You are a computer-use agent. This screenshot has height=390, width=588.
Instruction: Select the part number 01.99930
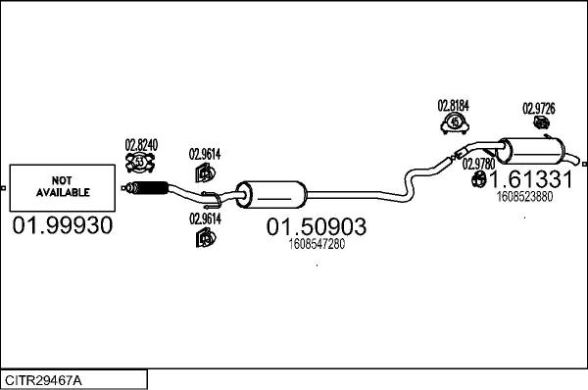point(62,226)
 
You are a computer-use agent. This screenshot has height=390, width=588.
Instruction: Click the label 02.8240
point(140,144)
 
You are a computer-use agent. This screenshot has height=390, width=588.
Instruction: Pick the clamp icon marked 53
point(140,161)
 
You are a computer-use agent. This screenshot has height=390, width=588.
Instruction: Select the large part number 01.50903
point(316,227)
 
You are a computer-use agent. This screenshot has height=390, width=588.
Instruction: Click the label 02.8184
point(453,105)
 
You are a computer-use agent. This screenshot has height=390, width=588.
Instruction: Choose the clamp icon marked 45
point(454,122)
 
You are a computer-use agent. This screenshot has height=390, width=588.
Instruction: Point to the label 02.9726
point(538,108)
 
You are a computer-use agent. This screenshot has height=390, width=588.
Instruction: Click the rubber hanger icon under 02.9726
point(539,124)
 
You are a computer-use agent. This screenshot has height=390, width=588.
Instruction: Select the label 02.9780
point(479,163)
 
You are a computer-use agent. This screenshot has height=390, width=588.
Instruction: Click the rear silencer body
point(534,154)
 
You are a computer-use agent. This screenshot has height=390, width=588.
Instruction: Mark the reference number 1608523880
point(524,196)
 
